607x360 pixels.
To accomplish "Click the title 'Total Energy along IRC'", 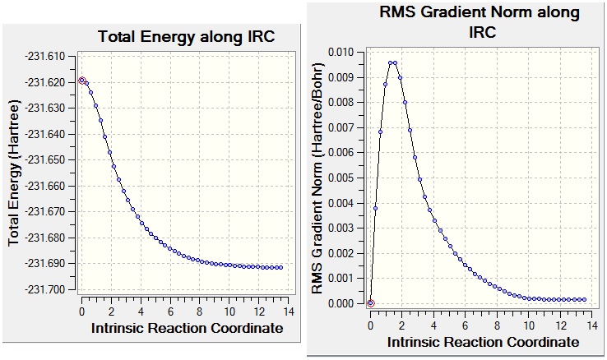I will click(x=186, y=37).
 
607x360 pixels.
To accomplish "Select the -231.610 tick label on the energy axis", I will click(x=52, y=57).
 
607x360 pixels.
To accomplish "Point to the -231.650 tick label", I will click(x=52, y=160).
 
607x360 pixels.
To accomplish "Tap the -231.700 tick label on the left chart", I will click(x=52, y=289).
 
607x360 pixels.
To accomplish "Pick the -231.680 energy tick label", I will click(x=52, y=238).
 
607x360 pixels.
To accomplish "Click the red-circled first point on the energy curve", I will click(x=81, y=81).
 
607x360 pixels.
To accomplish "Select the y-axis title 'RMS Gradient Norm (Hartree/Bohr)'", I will click(x=317, y=178).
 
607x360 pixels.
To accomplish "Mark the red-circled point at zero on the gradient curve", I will click(x=370, y=303).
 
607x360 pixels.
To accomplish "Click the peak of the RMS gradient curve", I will click(x=393, y=62).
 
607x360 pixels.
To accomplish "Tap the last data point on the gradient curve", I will click(x=584, y=300).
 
